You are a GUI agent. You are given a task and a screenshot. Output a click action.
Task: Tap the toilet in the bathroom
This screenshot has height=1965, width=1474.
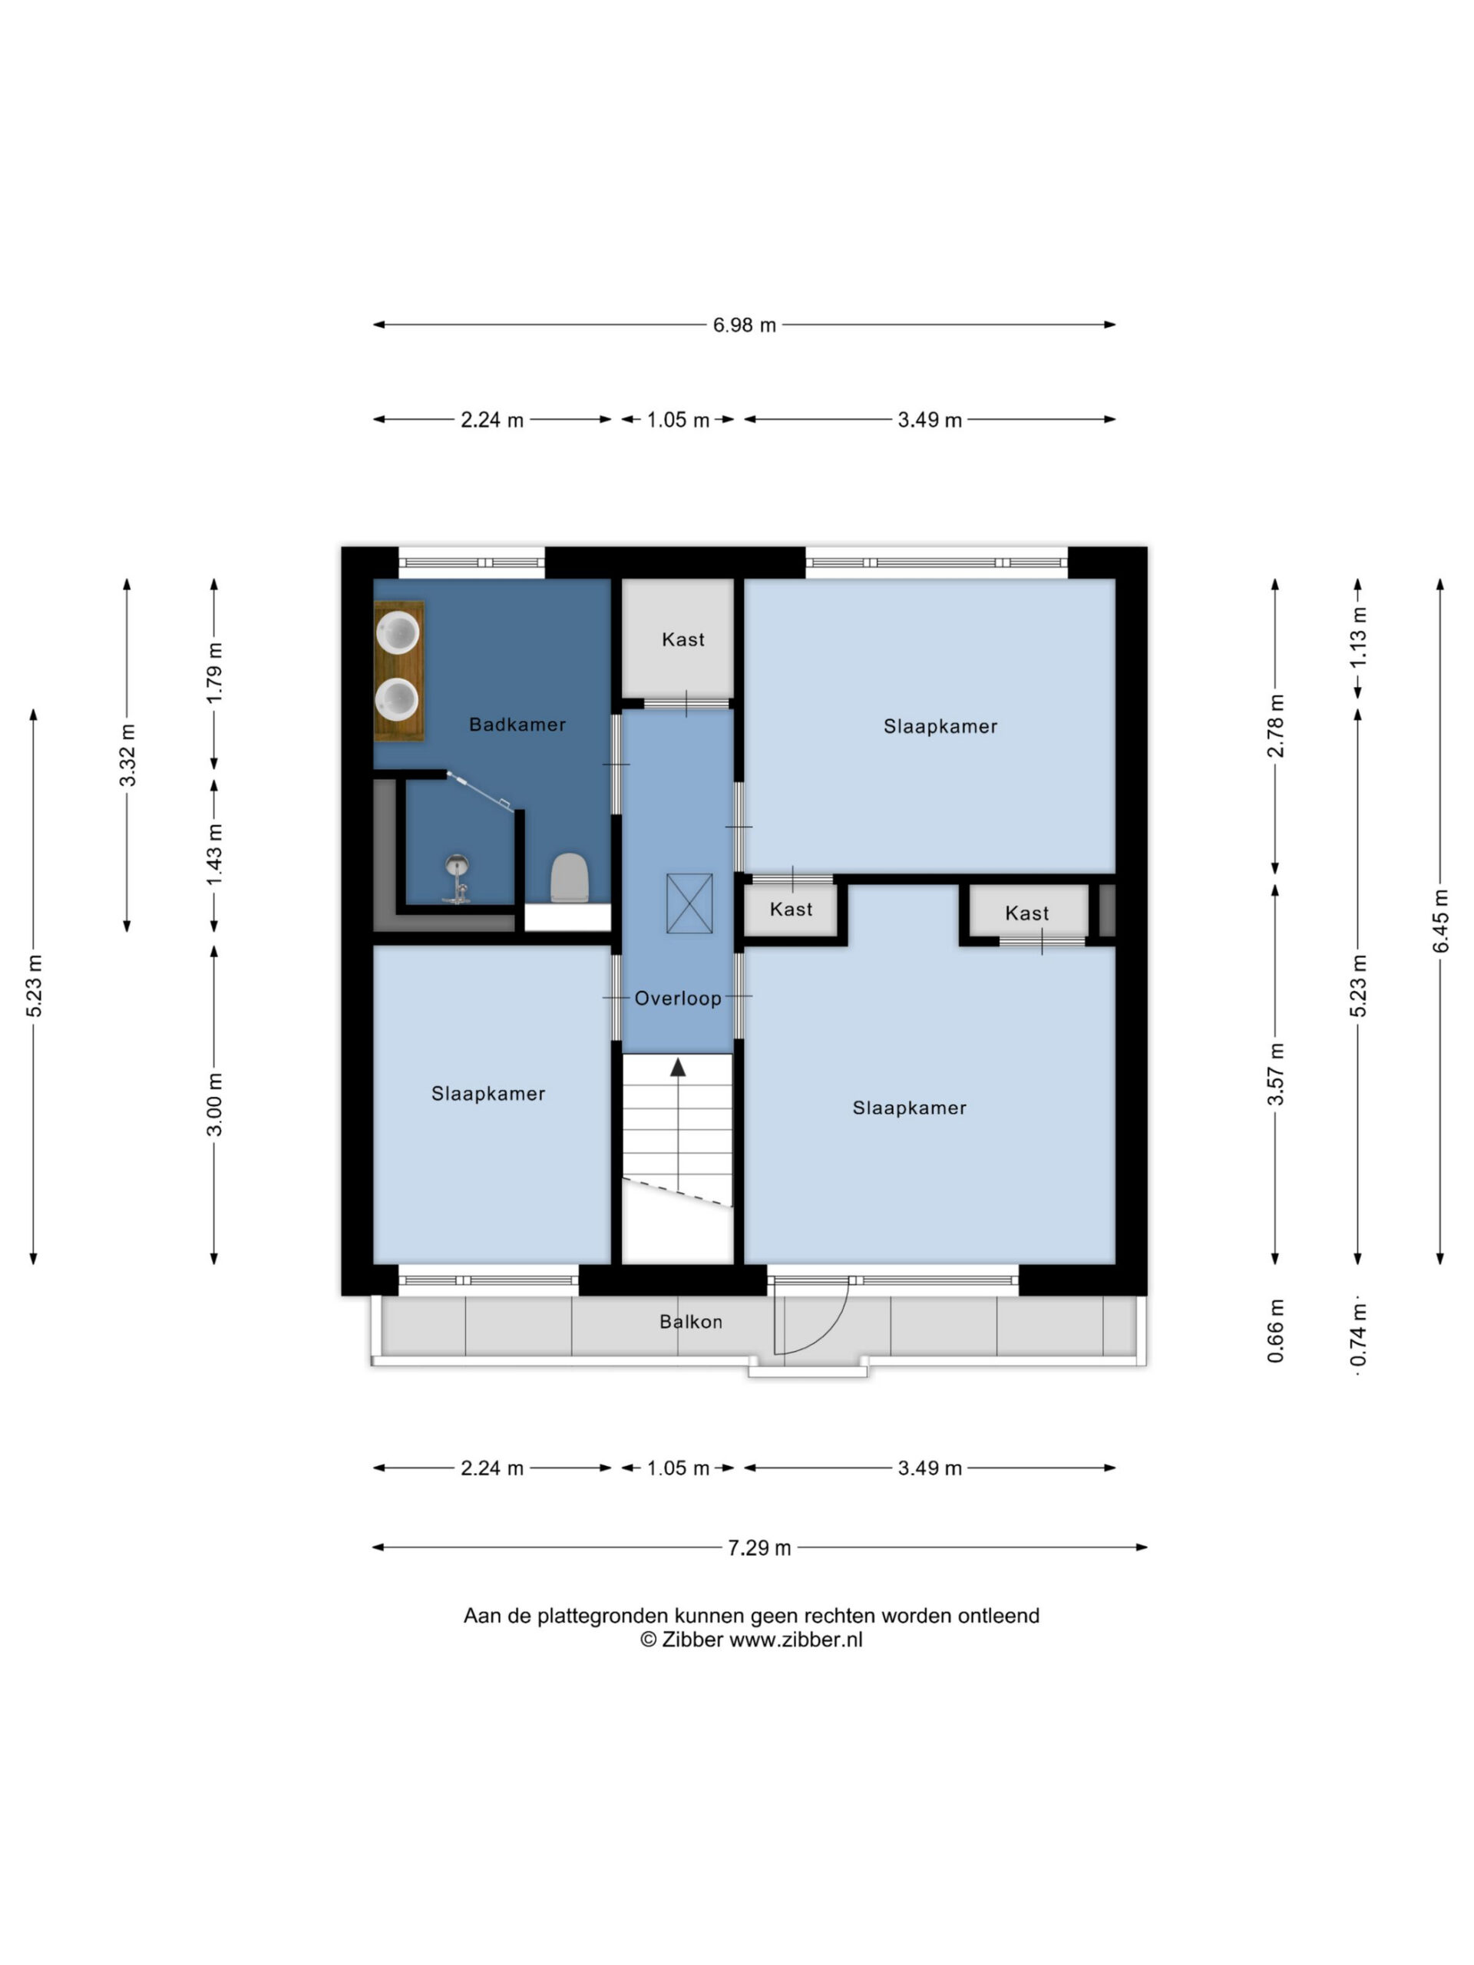570,877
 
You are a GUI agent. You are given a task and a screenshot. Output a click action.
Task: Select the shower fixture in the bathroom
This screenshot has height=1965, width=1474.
457,879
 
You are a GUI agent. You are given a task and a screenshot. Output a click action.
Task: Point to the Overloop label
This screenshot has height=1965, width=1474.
677,998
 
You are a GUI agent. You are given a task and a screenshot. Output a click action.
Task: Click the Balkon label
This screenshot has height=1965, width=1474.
690,1321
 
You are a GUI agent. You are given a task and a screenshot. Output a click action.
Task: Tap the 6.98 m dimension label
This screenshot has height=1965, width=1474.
744,325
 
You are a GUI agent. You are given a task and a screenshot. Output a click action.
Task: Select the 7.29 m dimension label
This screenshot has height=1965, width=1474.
758,1547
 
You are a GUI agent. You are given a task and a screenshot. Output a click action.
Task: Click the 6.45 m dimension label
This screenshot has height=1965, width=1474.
1440,921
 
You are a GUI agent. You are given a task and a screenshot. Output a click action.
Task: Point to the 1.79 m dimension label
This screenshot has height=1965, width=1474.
214,672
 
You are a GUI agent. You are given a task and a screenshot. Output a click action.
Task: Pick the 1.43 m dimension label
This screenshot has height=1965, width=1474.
214,854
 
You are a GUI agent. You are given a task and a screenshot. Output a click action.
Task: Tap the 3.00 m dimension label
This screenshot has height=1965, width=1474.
214,1105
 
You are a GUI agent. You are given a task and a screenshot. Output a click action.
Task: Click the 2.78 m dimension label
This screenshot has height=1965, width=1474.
1275,726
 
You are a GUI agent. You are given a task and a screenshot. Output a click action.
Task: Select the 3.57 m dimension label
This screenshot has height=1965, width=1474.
1275,1074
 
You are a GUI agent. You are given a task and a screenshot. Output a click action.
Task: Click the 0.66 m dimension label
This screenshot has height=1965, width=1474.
1275,1330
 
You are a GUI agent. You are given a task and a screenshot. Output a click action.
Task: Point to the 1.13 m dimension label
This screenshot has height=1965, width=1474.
1357,638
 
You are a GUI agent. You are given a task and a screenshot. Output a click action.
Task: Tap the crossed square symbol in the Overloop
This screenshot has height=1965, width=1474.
689,903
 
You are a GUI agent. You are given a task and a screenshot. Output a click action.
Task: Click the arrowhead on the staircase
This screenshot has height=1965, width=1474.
678,1067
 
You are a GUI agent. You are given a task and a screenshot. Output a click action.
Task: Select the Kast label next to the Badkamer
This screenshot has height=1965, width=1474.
682,639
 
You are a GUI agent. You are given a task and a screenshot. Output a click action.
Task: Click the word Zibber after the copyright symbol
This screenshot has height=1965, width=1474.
692,1640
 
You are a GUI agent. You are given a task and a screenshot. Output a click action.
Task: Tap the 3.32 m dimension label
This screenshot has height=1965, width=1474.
128,755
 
